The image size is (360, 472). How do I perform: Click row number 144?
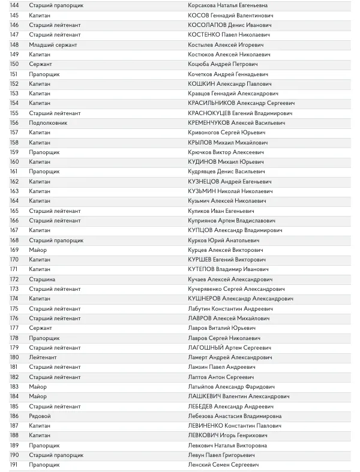pyautogui.click(x=14, y=5)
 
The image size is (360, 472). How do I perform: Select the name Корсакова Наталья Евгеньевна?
pyautogui.click(x=229, y=5)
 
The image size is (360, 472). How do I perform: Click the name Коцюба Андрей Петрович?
pyautogui.click(x=223, y=64)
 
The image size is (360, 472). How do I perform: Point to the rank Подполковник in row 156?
pyautogui.click(x=48, y=123)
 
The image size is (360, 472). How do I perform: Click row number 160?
pyautogui.click(x=14, y=162)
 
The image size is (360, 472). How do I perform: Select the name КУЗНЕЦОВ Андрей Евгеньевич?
pyautogui.click(x=229, y=182)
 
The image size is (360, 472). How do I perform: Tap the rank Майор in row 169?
pyautogui.click(x=37, y=250)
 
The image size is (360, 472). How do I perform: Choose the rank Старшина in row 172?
pyautogui.click(x=42, y=279)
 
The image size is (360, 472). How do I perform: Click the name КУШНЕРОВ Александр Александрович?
pyautogui.click(x=241, y=299)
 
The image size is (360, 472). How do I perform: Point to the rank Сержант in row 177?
pyautogui.click(x=41, y=328)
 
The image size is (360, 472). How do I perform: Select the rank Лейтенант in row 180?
pyautogui.click(x=43, y=357)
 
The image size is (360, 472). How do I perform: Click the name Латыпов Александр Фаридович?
pyautogui.click(x=231, y=387)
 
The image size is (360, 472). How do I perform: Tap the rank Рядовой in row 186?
pyautogui.click(x=40, y=416)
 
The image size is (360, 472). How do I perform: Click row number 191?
pyautogui.click(x=14, y=465)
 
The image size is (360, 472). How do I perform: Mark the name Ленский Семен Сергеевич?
pyautogui.click(x=223, y=465)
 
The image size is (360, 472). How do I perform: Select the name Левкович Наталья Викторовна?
pyautogui.click(x=229, y=446)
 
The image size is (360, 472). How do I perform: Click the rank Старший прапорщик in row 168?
pyautogui.click(x=56, y=240)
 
